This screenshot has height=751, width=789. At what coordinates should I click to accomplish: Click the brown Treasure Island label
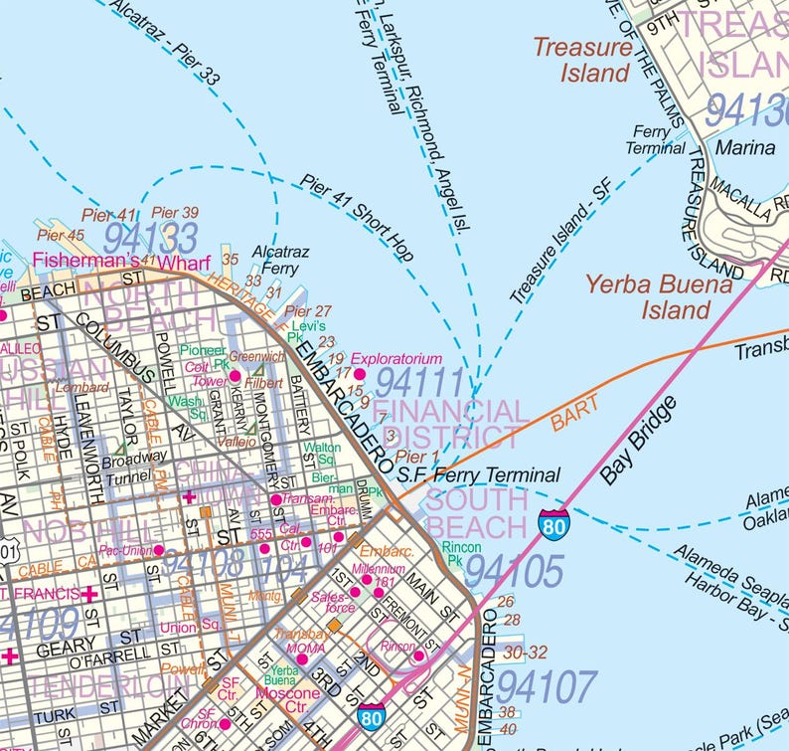coord(581,60)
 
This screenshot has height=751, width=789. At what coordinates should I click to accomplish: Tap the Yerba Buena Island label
coord(659,296)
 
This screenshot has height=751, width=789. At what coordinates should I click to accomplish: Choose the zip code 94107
coord(547,686)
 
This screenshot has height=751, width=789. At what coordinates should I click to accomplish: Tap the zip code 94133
coord(150,238)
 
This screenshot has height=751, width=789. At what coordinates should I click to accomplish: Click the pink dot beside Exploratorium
coord(360,373)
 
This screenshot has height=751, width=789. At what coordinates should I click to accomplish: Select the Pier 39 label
coord(175,213)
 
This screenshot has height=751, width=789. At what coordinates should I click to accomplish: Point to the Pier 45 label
coord(61,236)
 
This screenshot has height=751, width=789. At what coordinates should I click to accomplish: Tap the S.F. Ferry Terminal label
coord(478,475)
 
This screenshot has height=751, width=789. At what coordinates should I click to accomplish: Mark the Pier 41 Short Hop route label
coord(357,219)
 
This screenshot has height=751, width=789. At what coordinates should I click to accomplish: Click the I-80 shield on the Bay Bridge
coord(554,521)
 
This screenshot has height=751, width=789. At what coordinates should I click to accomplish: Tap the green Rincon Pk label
coord(461,554)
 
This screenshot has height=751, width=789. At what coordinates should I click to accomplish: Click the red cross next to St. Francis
coord(89,594)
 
